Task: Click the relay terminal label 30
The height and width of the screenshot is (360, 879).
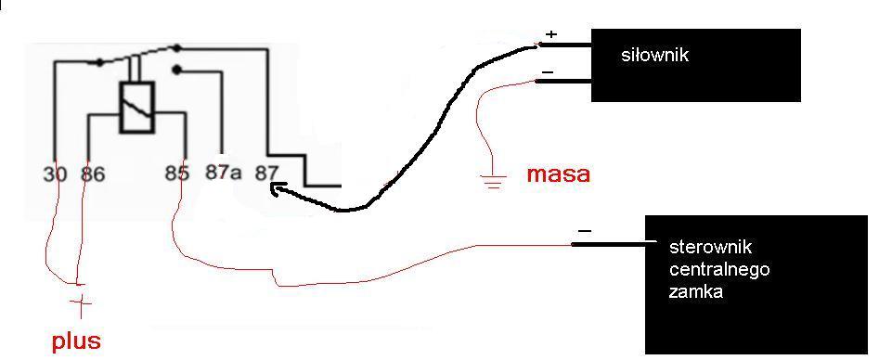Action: coord(55,174)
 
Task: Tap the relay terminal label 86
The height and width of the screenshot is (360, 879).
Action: coord(93,174)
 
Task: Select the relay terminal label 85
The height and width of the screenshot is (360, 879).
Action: coord(176,174)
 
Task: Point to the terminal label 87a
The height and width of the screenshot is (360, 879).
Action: coord(223,173)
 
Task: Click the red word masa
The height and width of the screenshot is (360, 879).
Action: coord(559,174)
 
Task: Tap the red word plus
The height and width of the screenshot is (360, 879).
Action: coord(76,341)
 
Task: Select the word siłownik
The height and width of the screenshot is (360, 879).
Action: coord(654,56)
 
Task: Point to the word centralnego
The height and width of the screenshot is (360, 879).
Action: coord(719,270)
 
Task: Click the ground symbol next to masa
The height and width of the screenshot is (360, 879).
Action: coord(493,182)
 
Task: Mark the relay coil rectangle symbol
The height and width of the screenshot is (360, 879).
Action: coord(136,108)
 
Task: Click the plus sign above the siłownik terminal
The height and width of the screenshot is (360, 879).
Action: coord(551,34)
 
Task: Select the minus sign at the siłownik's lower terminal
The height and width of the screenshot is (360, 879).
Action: coord(549,72)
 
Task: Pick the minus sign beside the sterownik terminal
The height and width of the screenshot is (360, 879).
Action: coord(584,230)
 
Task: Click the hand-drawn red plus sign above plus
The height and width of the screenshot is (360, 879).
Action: coord(82,304)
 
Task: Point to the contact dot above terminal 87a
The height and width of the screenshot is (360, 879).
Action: coord(177,70)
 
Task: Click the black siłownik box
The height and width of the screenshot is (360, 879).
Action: coord(696,66)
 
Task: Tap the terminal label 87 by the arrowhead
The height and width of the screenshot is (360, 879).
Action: coord(265,173)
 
